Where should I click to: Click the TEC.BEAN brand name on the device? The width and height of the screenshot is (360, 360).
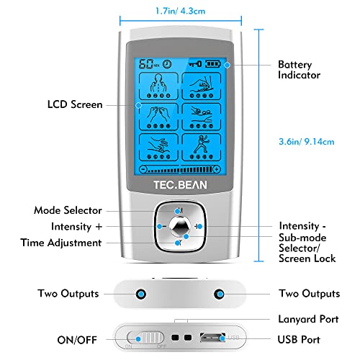pos(179,183)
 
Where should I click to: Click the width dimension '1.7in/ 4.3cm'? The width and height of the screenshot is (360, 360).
pos(181,11)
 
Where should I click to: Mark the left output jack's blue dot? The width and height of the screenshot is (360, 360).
pos(142,294)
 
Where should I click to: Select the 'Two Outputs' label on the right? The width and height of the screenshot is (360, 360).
pos(309,294)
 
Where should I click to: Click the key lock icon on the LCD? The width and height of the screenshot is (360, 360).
pos(194,63)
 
